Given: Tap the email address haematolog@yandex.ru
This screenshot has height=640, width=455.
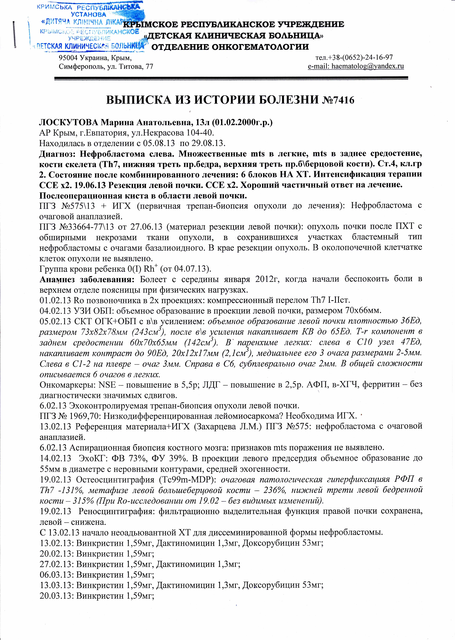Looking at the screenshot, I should [x=368, y=66].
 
